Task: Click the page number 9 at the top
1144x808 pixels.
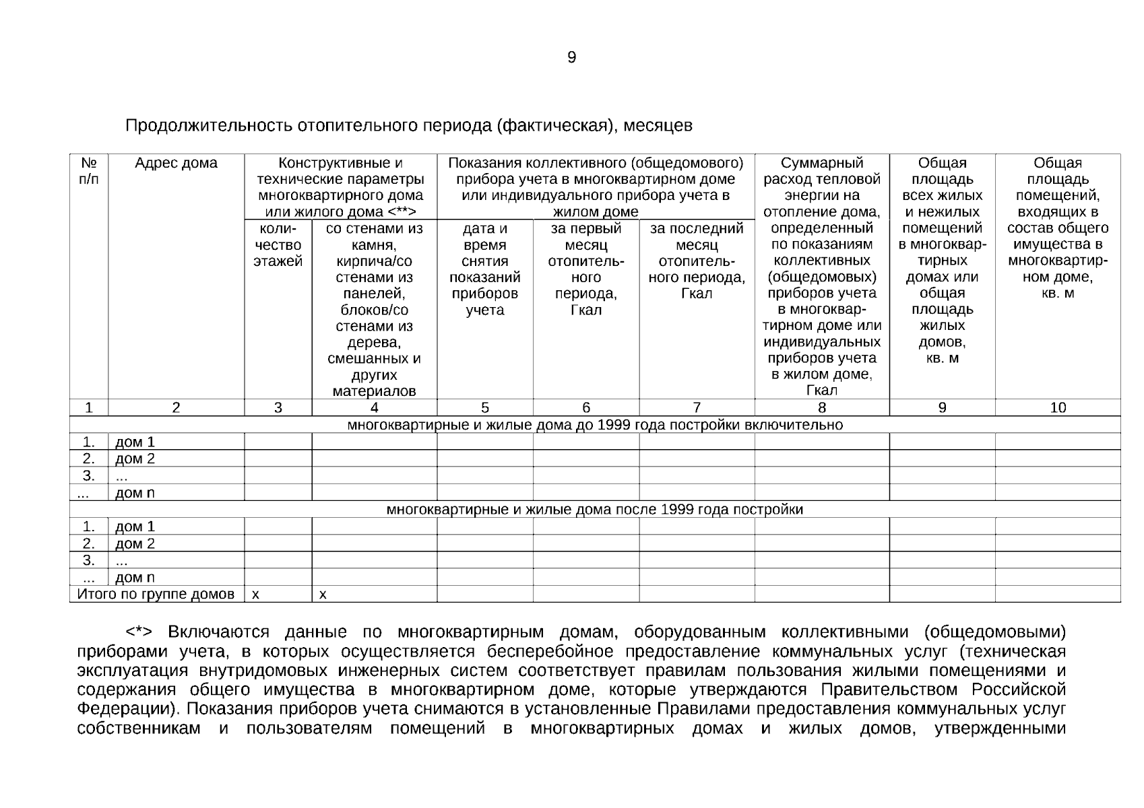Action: click(x=571, y=58)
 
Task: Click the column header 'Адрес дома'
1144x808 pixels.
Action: click(x=176, y=164)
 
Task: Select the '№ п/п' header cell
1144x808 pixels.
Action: click(x=88, y=171)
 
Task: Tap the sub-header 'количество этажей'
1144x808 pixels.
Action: click(x=278, y=245)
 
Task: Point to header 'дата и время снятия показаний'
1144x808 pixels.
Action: click(x=484, y=269)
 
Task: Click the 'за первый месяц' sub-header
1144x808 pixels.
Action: click(x=585, y=269)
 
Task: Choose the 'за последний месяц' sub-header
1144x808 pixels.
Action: click(x=696, y=261)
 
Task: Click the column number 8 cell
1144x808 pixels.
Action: click(x=821, y=407)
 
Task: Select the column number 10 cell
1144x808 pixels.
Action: click(x=1058, y=407)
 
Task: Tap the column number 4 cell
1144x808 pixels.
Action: click(x=374, y=407)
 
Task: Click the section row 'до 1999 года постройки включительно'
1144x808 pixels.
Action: click(x=594, y=425)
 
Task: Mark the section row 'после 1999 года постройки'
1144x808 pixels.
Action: click(x=594, y=510)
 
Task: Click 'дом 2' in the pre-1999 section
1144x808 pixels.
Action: click(x=135, y=459)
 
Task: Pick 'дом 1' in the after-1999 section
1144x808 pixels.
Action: click(x=135, y=527)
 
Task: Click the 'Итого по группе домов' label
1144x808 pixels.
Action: click(x=156, y=595)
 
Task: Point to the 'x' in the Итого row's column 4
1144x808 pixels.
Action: click(x=323, y=595)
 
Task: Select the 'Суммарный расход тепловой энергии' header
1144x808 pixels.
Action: click(x=821, y=180)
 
